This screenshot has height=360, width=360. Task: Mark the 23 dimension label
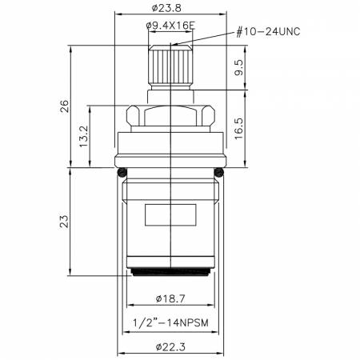pyautogui.click(x=65, y=218)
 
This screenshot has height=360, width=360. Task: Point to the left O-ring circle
pyautogui.click(x=122, y=171)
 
